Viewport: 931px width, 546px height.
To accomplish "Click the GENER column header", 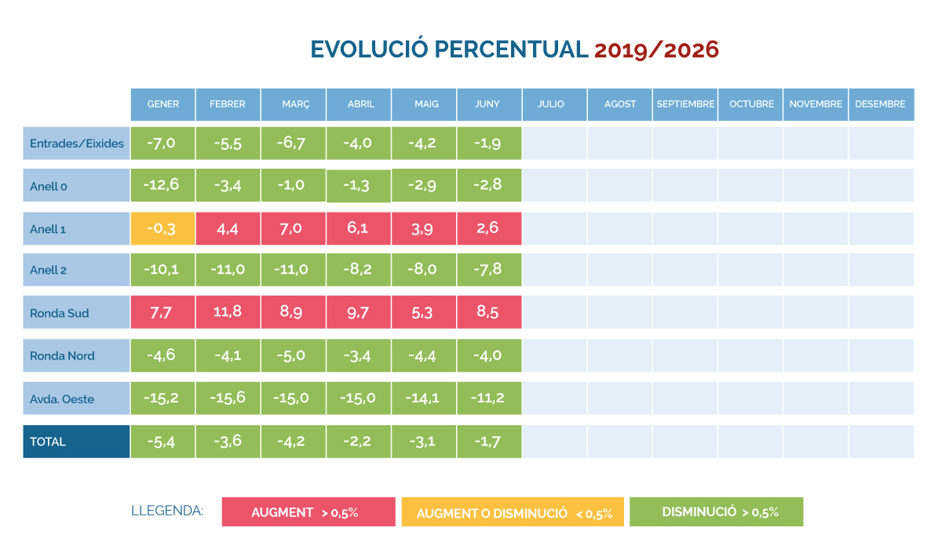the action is [162, 104].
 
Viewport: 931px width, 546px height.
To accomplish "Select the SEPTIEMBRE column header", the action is [685, 104].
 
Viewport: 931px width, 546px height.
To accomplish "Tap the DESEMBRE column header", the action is [881, 104].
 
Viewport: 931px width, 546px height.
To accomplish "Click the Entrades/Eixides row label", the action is [77, 143].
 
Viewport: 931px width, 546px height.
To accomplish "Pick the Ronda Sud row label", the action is [77, 313].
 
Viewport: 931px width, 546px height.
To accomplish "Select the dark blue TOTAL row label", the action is [77, 442].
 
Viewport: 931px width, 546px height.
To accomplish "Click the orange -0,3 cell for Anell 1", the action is [162, 228].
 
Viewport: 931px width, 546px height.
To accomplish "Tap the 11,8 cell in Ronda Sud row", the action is [228, 312].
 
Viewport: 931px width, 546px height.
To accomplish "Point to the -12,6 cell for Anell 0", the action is [162, 185].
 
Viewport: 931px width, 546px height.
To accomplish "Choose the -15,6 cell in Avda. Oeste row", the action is [228, 399].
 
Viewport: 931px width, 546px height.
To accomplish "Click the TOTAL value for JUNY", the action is [489, 442].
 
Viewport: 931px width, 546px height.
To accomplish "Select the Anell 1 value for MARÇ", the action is [294, 228].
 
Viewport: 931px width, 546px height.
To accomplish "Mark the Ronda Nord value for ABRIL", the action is [359, 355].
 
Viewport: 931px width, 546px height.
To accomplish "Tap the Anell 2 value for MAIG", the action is [424, 270].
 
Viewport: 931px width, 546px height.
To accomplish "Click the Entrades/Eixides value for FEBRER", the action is [228, 143].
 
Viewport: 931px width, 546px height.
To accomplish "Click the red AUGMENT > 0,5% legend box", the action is [309, 512].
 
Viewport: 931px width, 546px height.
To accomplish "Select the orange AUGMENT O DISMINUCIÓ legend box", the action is [513, 512].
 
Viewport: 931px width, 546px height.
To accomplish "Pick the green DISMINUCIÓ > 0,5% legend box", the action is [717, 512].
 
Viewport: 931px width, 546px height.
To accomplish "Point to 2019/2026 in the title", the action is [657, 50].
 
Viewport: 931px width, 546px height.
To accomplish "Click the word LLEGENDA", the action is [167, 511].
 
